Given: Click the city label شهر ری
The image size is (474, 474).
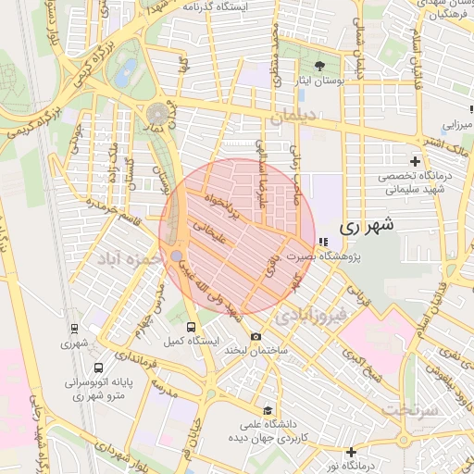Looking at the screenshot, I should coord(367,225).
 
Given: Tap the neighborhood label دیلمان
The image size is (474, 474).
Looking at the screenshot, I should coord(294,118).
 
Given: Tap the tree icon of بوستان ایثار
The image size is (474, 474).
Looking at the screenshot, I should coord(320,66).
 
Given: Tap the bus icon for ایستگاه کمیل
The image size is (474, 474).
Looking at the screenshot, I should coord(192,327).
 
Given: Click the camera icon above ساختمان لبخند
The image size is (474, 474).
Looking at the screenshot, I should coord(256,336).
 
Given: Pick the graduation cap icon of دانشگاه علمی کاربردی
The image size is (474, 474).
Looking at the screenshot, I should coord(268,410).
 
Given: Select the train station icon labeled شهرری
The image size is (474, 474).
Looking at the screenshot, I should coord(73,328).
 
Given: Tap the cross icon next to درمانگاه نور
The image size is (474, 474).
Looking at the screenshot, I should coord(351,452).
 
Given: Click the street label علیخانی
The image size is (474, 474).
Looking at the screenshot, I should coord(205,228).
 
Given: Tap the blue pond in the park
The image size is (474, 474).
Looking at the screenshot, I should coord(126,70).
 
